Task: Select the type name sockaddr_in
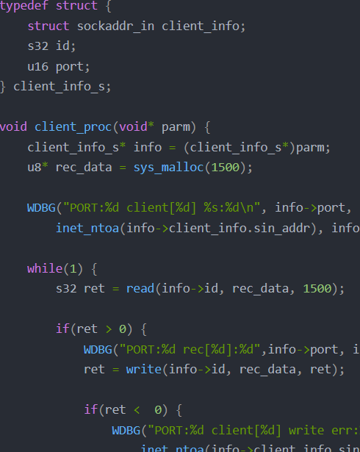pyautogui.click(x=115, y=26)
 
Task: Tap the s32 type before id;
pyautogui.click(x=37, y=46)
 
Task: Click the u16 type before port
pyautogui.click(x=37, y=67)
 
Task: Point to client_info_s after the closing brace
pyautogui.click(x=59, y=87)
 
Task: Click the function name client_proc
pyautogui.click(x=73, y=127)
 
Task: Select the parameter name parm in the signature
pyautogui.click(x=176, y=127)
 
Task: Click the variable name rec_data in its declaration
pyautogui.click(x=84, y=168)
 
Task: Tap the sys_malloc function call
pyautogui.click(x=169, y=168)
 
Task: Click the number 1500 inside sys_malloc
pyautogui.click(x=226, y=168)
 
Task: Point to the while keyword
pyautogui.click(x=45, y=269)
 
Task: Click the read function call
pyautogui.click(x=140, y=289)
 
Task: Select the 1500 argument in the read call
pyautogui.click(x=317, y=289)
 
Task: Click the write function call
pyautogui.click(x=144, y=369)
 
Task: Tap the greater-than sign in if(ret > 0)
pyautogui.click(x=109, y=329)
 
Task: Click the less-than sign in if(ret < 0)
pyautogui.click(x=137, y=410)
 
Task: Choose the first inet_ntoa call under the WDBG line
pyautogui.click(x=87, y=229)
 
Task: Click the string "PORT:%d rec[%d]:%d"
pyautogui.click(x=190, y=349)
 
